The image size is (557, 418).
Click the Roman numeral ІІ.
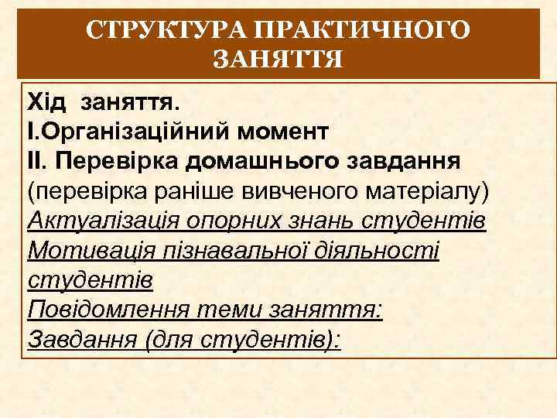[x=37, y=160]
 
